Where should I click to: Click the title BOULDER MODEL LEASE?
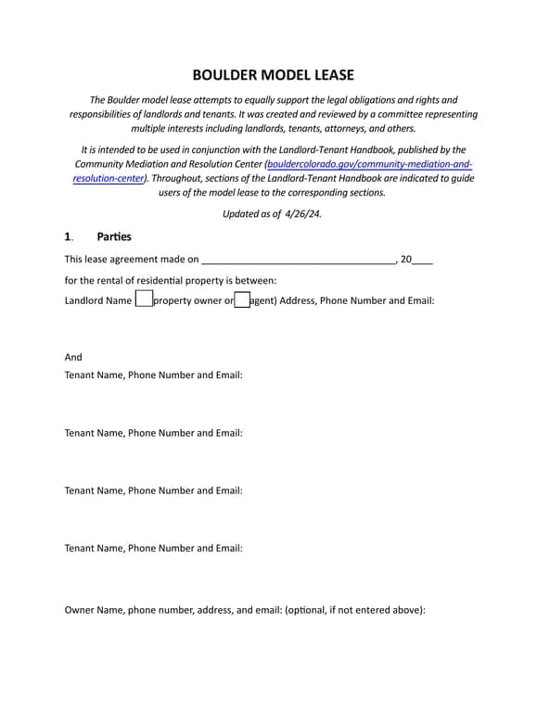[274, 75]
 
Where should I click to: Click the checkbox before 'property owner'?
[144, 299]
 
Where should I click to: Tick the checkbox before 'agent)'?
[242, 299]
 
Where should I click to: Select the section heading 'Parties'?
[114, 236]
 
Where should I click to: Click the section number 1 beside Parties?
[68, 236]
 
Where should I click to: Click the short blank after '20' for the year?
[422, 261]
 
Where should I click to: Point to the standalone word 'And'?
[73, 357]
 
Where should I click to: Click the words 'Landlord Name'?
[98, 300]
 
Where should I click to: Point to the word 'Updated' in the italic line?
[242, 213]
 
